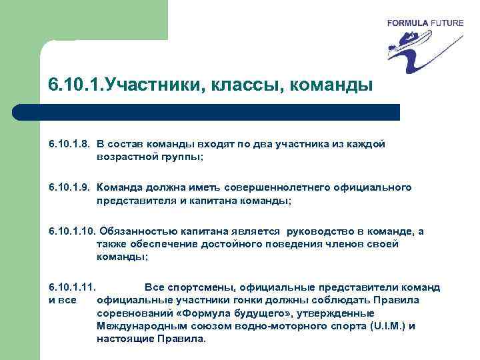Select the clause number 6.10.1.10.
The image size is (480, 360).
tap(73, 231)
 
